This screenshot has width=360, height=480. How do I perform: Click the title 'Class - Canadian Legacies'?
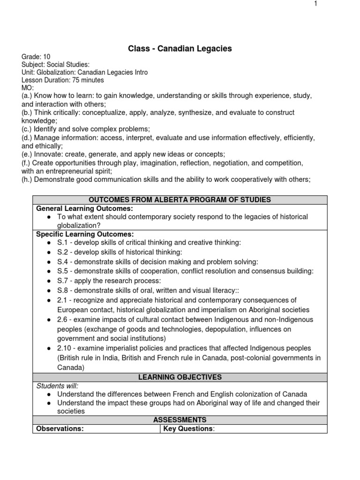[180, 48]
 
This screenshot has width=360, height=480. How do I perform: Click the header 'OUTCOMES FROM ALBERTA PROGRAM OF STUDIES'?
[180, 200]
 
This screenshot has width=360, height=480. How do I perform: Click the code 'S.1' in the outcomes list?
[62, 242]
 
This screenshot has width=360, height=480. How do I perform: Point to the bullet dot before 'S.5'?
[49, 271]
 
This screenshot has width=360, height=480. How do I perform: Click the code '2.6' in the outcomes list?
[63, 319]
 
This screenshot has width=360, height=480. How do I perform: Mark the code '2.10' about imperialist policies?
[65, 348]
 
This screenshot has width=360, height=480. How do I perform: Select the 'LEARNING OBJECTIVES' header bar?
[180, 377]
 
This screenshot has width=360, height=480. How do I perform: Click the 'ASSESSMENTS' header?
[180, 420]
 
